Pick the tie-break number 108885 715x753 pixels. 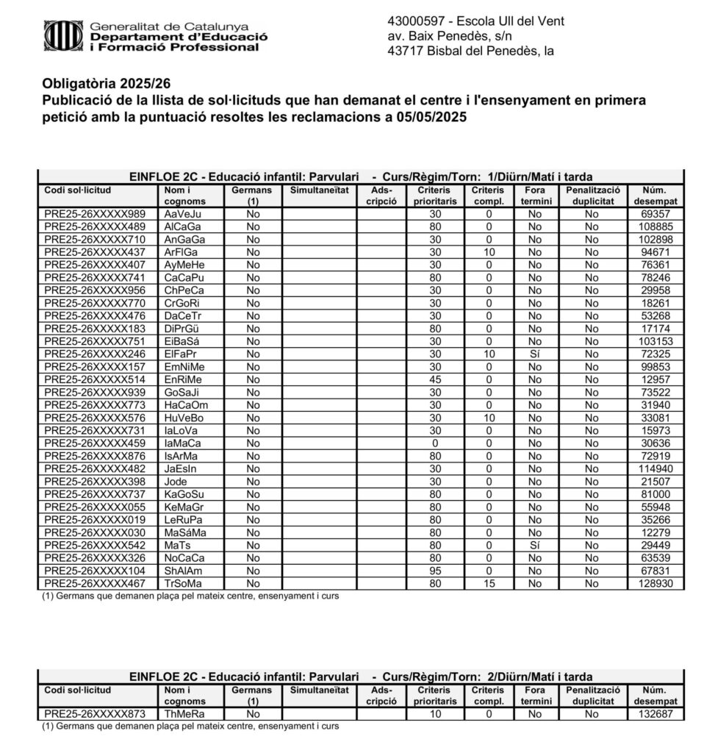[653, 226]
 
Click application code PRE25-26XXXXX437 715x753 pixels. [95, 252]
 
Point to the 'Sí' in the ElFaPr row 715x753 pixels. [534, 354]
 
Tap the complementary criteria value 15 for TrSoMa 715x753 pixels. [488, 583]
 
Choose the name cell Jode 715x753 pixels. [176, 481]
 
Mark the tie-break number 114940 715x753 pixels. [653, 468]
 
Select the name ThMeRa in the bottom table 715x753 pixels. [184, 713]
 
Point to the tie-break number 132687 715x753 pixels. [653, 713]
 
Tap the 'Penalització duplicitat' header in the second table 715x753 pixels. [594, 696]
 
